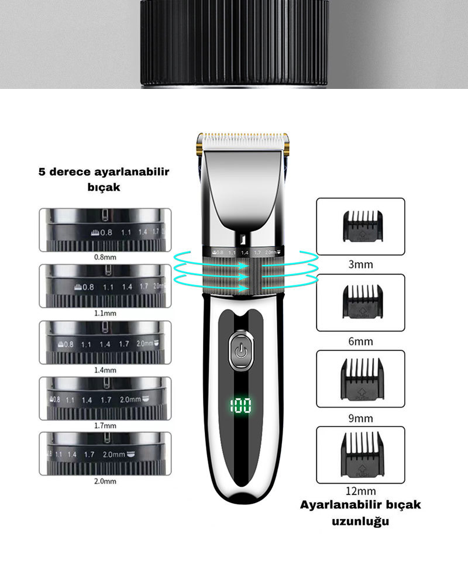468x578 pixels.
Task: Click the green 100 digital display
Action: click(x=241, y=405)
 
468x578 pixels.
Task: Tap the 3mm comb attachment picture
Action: click(x=360, y=226)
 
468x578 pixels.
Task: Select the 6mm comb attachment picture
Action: click(x=360, y=302)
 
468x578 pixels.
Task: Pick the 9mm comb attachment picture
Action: click(x=360, y=379)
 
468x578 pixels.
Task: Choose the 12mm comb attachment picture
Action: click(x=360, y=455)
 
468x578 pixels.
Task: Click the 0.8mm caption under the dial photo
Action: click(x=105, y=256)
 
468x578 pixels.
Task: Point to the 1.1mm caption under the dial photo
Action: click(x=105, y=313)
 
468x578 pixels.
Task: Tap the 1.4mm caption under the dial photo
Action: click(x=105, y=370)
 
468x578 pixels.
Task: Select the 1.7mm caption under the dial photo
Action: click(x=105, y=425)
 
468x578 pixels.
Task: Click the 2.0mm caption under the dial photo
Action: click(x=105, y=481)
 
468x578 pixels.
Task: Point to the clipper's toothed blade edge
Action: click(x=243, y=140)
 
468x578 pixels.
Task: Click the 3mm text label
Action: click(x=360, y=264)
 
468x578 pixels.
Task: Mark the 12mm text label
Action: click(x=360, y=491)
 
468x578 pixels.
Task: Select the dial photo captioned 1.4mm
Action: click(x=105, y=342)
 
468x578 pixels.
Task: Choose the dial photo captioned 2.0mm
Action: click(x=105, y=454)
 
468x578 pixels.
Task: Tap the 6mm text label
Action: click(x=360, y=341)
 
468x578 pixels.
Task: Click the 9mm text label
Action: click(x=360, y=418)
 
